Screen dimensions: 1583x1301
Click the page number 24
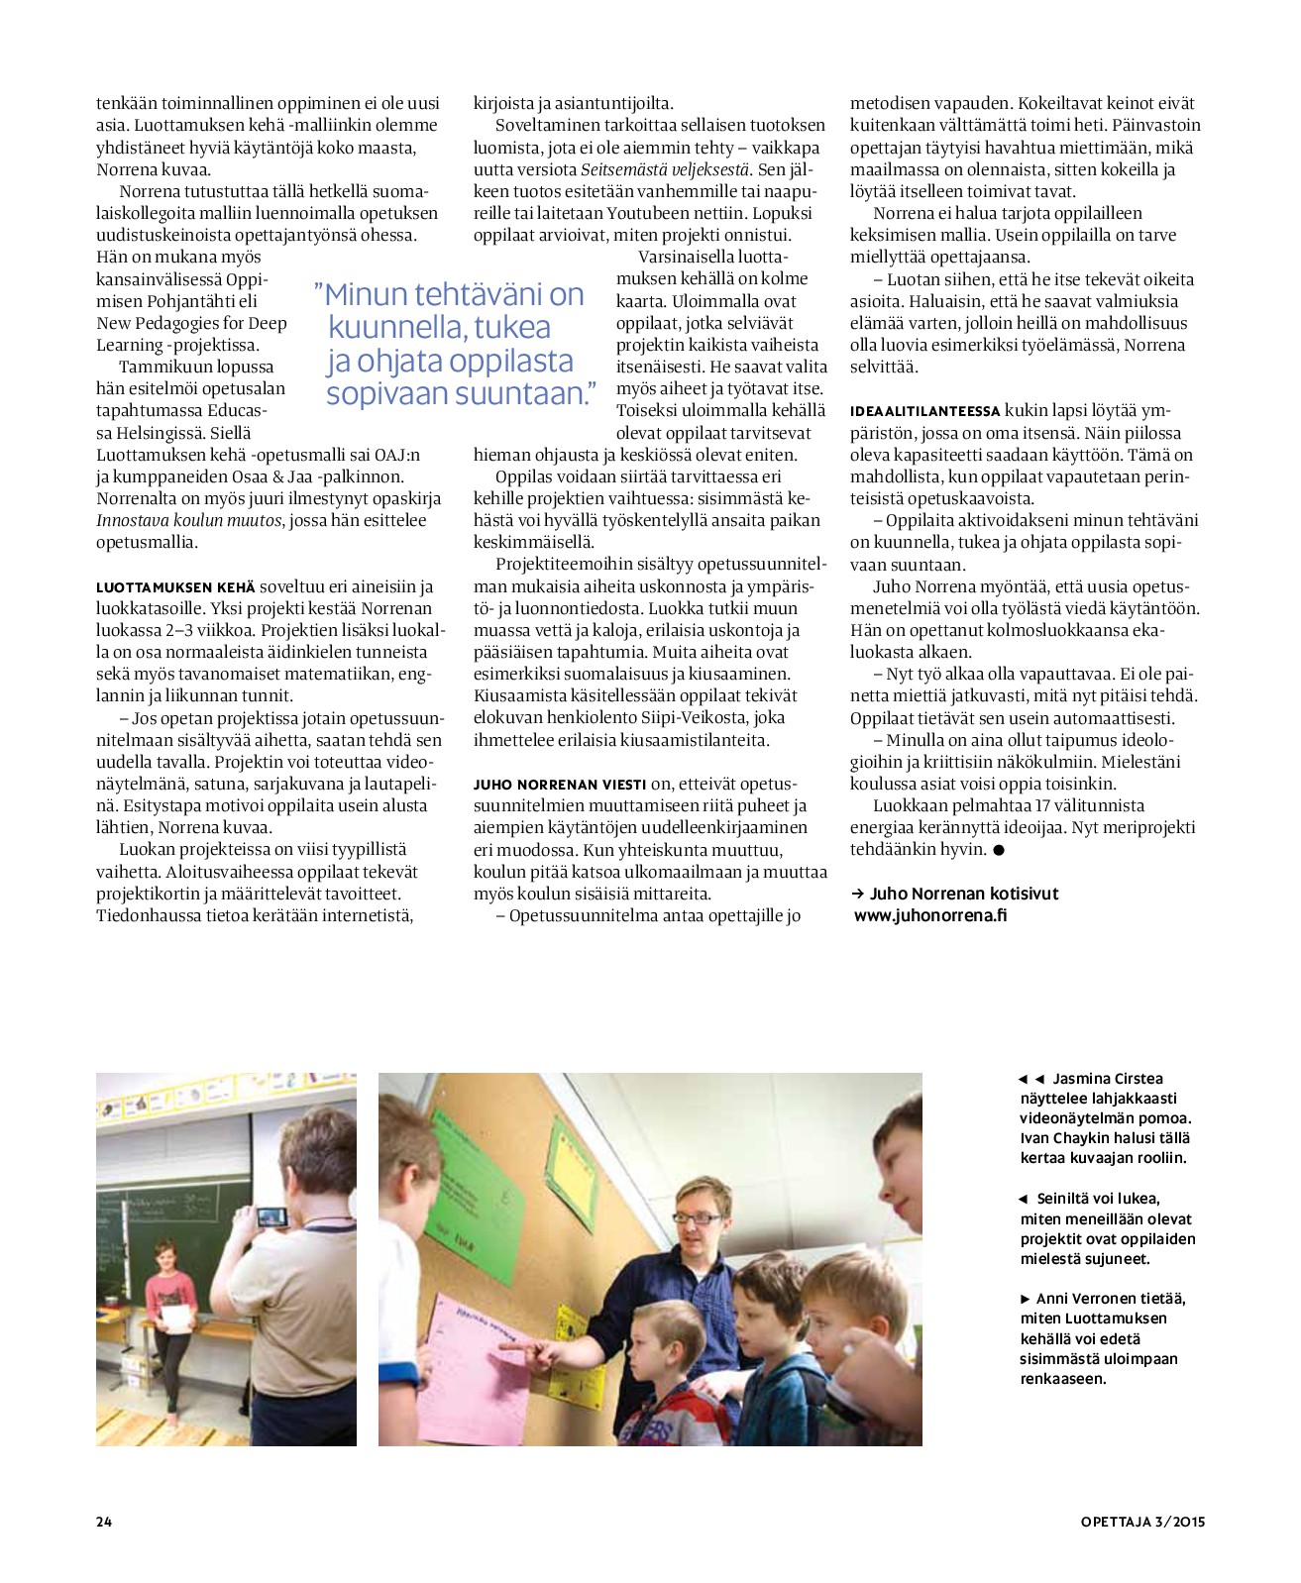104,1522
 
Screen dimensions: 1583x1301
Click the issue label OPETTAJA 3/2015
1142,1522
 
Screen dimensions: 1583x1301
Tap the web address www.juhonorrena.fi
930,915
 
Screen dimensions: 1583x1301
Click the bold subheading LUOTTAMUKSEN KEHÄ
175,587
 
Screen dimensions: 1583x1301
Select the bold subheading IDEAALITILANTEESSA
925,411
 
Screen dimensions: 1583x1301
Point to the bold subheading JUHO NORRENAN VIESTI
560,785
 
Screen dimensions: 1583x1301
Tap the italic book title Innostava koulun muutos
190,520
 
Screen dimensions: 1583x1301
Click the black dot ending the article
999,850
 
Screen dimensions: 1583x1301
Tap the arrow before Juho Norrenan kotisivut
858,894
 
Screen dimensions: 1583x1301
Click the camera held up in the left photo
271,1215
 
